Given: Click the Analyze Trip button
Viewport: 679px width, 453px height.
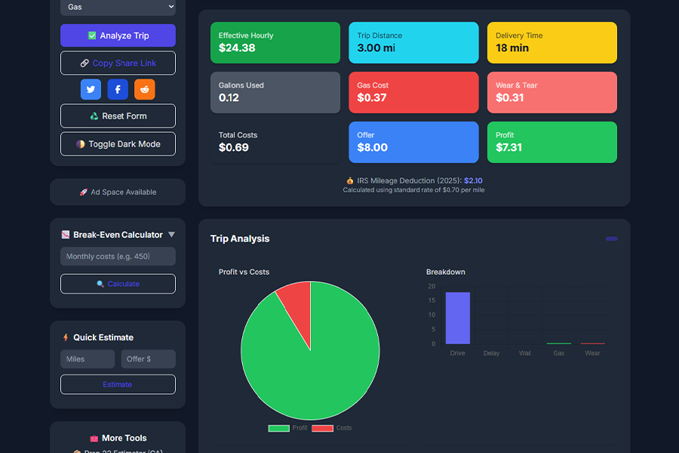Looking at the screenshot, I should pos(118,35).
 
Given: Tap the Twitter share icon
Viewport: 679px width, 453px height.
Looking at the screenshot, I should pos(91,89).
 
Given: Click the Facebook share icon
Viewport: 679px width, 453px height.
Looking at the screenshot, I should pos(118,89).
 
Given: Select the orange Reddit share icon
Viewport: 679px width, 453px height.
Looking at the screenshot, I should pos(144,89).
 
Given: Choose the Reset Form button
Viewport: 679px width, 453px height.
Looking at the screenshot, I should pos(118,116).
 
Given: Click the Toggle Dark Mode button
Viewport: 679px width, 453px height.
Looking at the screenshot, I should pos(118,144).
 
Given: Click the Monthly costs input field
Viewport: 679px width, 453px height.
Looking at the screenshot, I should pos(118,257).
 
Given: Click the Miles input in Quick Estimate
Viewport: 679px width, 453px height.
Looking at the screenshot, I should pos(88,359).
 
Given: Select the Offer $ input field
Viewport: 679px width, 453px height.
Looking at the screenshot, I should pos(148,359).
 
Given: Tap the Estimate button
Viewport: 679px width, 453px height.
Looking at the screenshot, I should pos(118,384).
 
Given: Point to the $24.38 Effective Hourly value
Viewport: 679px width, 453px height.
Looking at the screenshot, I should pos(237,48).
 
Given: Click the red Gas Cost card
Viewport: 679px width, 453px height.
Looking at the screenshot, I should pos(413,92).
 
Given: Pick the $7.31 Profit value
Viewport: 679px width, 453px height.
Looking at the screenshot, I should pos(508,148).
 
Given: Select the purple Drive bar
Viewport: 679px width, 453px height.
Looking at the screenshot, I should pos(457,318).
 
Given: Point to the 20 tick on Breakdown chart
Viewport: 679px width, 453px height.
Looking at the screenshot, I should pos(432,287).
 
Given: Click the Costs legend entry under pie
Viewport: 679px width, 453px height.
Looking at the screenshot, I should pos(333,428).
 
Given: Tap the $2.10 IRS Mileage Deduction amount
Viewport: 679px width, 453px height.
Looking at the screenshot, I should pos(473,181).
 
